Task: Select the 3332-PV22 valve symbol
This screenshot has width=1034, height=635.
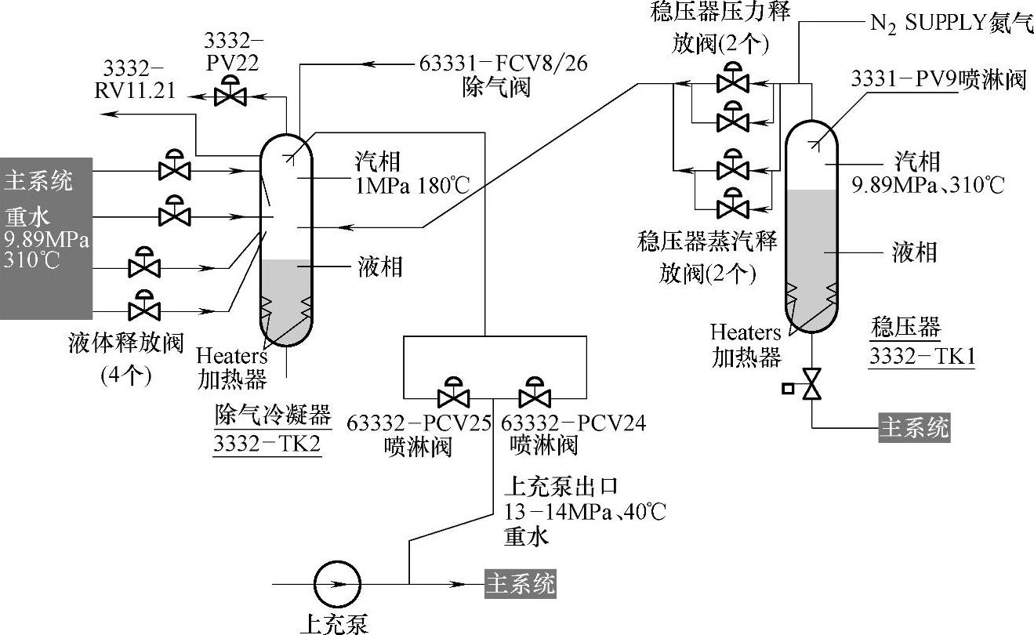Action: (230, 94)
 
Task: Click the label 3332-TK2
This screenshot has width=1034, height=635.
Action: (267, 444)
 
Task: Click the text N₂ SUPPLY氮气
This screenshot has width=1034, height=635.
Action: (949, 22)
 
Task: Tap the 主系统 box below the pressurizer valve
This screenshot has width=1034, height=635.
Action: (914, 428)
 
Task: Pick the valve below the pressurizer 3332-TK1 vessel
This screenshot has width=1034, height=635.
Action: (812, 384)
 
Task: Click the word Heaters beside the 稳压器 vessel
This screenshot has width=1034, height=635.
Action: (746, 332)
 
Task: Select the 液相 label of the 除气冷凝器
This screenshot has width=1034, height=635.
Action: (379, 267)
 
